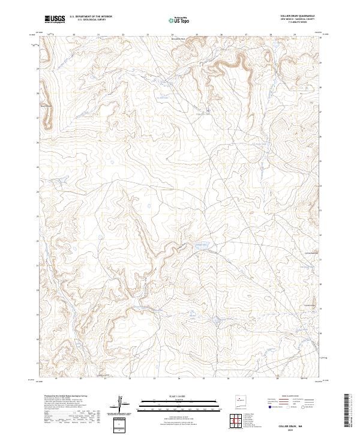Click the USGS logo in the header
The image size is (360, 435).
(x=55, y=19)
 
